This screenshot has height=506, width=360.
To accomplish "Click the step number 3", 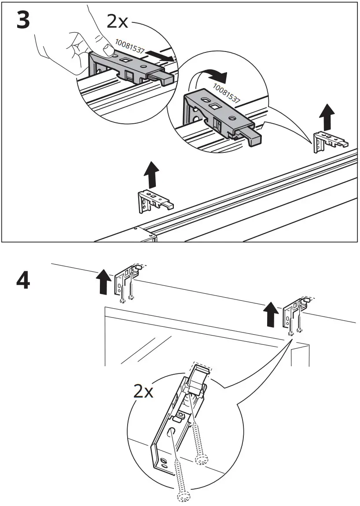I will point(23,21).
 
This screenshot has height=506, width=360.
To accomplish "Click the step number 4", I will point(23,281).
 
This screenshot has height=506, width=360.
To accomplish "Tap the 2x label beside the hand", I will point(118,21).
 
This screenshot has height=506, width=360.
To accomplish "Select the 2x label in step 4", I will point(143,391).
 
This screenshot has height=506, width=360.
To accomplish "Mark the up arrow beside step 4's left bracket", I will point(103,282).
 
